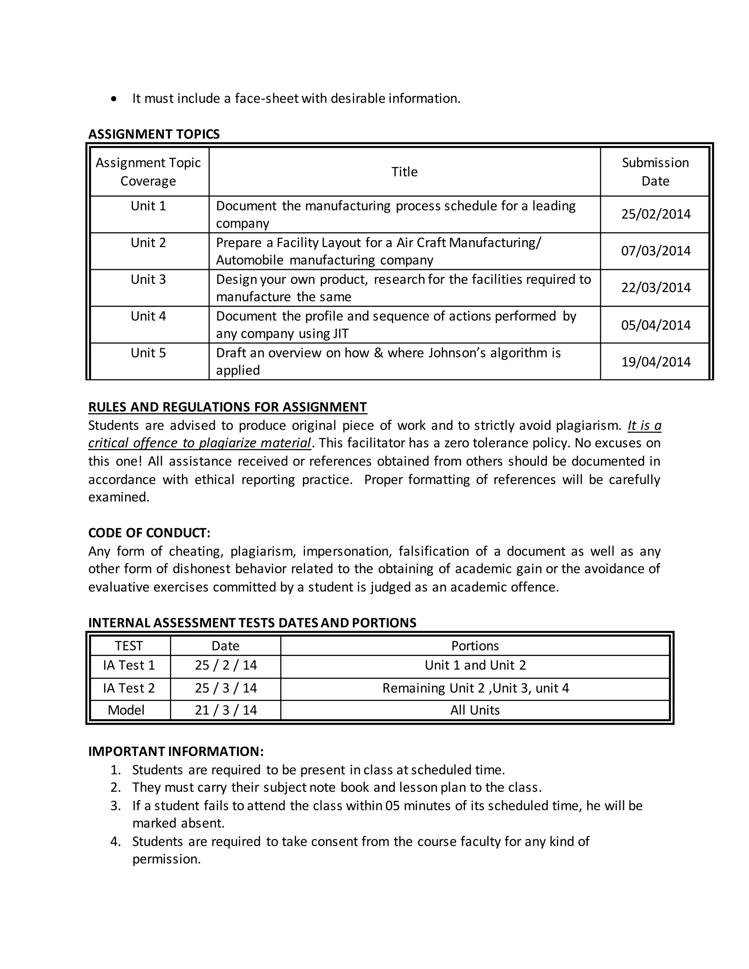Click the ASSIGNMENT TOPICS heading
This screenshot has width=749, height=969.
pos(154,134)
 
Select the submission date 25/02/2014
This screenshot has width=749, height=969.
pos(655,214)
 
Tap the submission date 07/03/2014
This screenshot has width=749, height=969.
pos(655,251)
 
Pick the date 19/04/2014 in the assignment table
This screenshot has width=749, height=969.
pos(655,362)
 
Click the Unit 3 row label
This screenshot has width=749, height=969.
pos(148,279)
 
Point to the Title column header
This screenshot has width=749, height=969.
pos(404,172)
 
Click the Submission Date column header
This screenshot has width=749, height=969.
pos(655,172)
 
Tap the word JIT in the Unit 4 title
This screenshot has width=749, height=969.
pos(341,333)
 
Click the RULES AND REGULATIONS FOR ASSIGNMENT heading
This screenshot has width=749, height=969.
pos(227,407)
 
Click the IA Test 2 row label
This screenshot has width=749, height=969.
pos(129,688)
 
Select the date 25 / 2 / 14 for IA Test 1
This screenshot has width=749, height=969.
pos(225,665)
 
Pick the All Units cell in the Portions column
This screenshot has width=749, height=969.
pos(475,710)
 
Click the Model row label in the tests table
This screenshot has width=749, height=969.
pos(126,710)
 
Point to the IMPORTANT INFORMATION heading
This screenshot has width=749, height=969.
pos(176,751)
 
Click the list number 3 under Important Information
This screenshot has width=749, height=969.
pos(115,806)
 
